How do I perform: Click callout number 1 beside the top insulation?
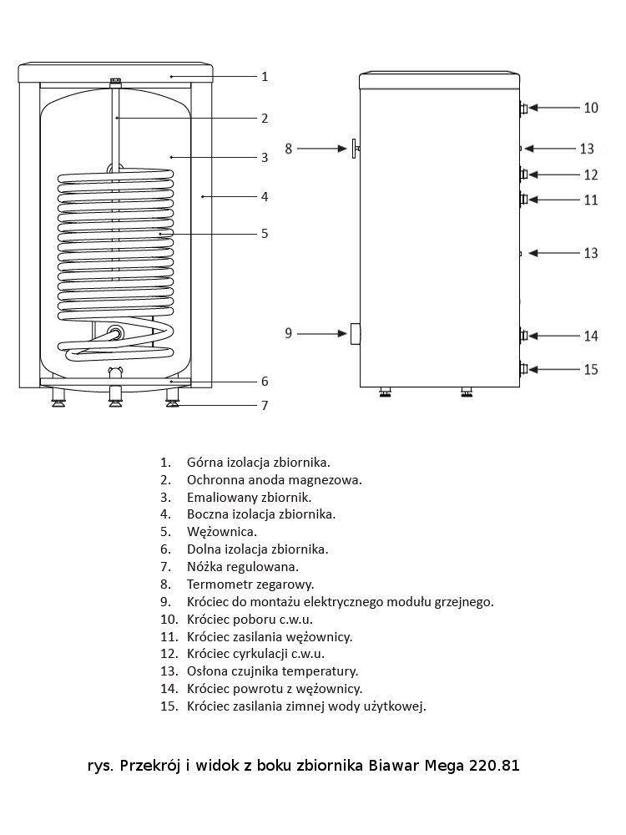(265, 77)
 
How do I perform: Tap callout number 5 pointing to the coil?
(265, 234)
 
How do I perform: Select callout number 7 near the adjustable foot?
(265, 405)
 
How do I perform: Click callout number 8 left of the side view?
(289, 149)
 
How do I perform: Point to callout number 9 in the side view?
(289, 333)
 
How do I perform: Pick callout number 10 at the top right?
(591, 108)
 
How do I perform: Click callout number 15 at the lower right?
(591, 370)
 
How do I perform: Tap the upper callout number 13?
(587, 149)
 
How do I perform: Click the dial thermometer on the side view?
(355, 149)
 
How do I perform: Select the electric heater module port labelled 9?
(355, 334)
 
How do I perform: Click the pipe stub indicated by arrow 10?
(524, 109)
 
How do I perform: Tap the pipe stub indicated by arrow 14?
(524, 336)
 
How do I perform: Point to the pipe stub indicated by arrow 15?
(524, 368)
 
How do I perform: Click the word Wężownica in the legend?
(222, 532)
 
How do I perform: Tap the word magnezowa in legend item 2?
(327, 480)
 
